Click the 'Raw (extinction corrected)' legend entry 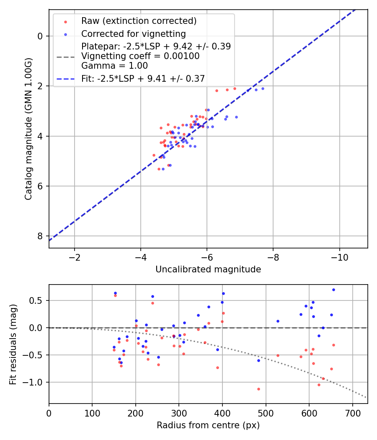point(139,21)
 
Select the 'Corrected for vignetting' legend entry point(133,34)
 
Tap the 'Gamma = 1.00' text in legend point(114,65)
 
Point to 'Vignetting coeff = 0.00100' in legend point(140,56)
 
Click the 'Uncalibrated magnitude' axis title point(208,269)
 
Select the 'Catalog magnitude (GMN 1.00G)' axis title point(28,129)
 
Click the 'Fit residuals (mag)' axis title point(13,344)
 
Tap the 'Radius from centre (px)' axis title point(208,425)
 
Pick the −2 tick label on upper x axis point(75,256)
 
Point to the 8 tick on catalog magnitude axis point(40,236)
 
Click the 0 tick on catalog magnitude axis point(40,36)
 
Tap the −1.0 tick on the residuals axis point(36,382)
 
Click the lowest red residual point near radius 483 point(258,389)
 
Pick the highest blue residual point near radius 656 point(333,290)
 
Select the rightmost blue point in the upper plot point(263,88)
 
